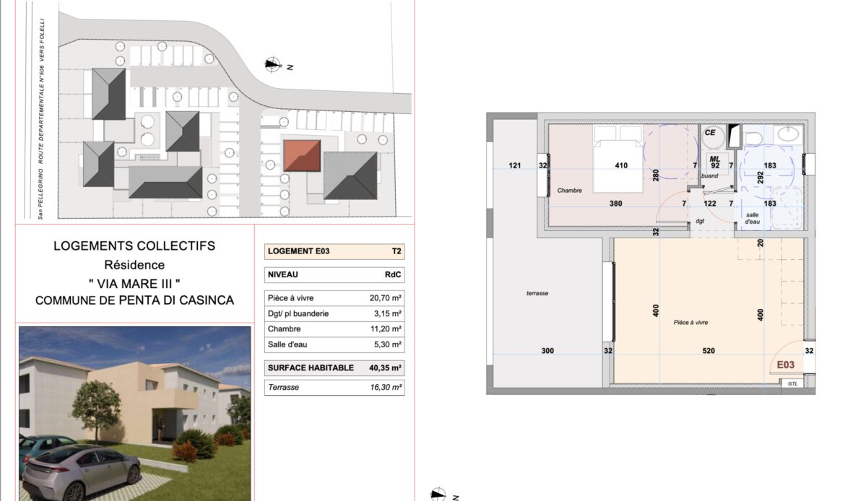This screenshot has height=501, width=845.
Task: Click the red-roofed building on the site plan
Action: (303, 156)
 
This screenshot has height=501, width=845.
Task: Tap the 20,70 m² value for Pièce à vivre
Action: (386, 298)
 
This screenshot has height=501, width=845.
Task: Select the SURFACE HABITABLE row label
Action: (311, 368)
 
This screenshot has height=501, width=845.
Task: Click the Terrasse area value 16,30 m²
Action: (386, 388)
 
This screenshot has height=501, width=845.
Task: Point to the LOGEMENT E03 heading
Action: (298, 251)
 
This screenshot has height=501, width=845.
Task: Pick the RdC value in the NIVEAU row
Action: (393, 275)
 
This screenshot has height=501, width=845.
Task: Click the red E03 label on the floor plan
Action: (785, 365)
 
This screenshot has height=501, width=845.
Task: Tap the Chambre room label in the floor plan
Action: (570, 190)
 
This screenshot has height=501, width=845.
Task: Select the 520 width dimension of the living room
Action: (708, 351)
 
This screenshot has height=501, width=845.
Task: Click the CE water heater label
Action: (710, 133)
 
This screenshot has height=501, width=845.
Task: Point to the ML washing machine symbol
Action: (715, 162)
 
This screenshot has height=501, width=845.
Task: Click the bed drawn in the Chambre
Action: (618, 158)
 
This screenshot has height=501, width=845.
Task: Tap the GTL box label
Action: (793, 383)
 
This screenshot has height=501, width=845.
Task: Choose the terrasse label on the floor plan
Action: (537, 294)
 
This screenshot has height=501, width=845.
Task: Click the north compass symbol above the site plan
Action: (273, 65)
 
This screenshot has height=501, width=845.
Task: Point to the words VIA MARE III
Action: (134, 284)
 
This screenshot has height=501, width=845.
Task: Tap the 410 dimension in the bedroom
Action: (621, 166)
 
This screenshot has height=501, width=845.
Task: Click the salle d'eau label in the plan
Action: (753, 218)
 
